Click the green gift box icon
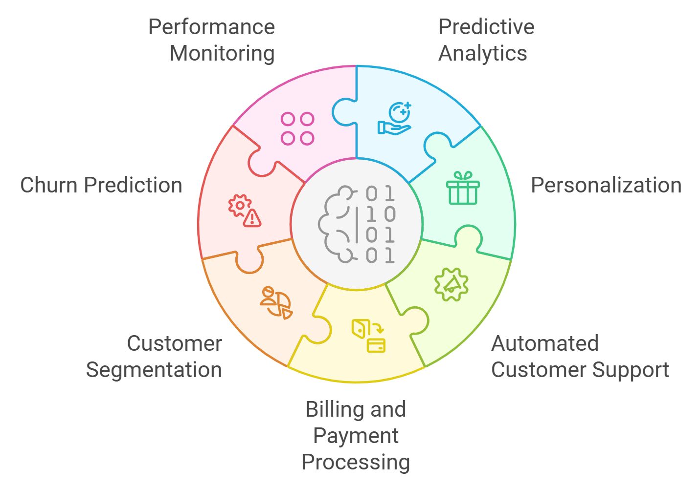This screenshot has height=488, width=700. coord(463,188)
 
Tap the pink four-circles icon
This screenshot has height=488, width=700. coord(297,129)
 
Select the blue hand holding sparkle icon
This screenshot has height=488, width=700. coord(395,119)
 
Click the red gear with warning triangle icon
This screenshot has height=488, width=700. coord(245,211)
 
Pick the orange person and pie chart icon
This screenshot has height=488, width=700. coord(276,303)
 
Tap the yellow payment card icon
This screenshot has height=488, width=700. coord(369,336)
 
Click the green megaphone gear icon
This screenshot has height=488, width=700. coord(452,284)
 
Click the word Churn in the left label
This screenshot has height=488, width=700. coord(49,186)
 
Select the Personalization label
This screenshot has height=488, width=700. coord(606,186)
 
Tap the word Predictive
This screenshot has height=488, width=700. coord(486,27)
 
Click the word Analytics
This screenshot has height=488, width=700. coord(483,54)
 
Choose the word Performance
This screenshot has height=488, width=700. coord(211,27)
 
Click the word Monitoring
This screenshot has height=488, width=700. coord(222,54)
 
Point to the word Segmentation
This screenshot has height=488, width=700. coord(154,370)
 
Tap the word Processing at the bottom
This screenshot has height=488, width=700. coord(356,462)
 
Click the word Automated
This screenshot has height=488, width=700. coord(545,343)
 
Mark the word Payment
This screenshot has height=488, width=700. coord(356,436)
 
